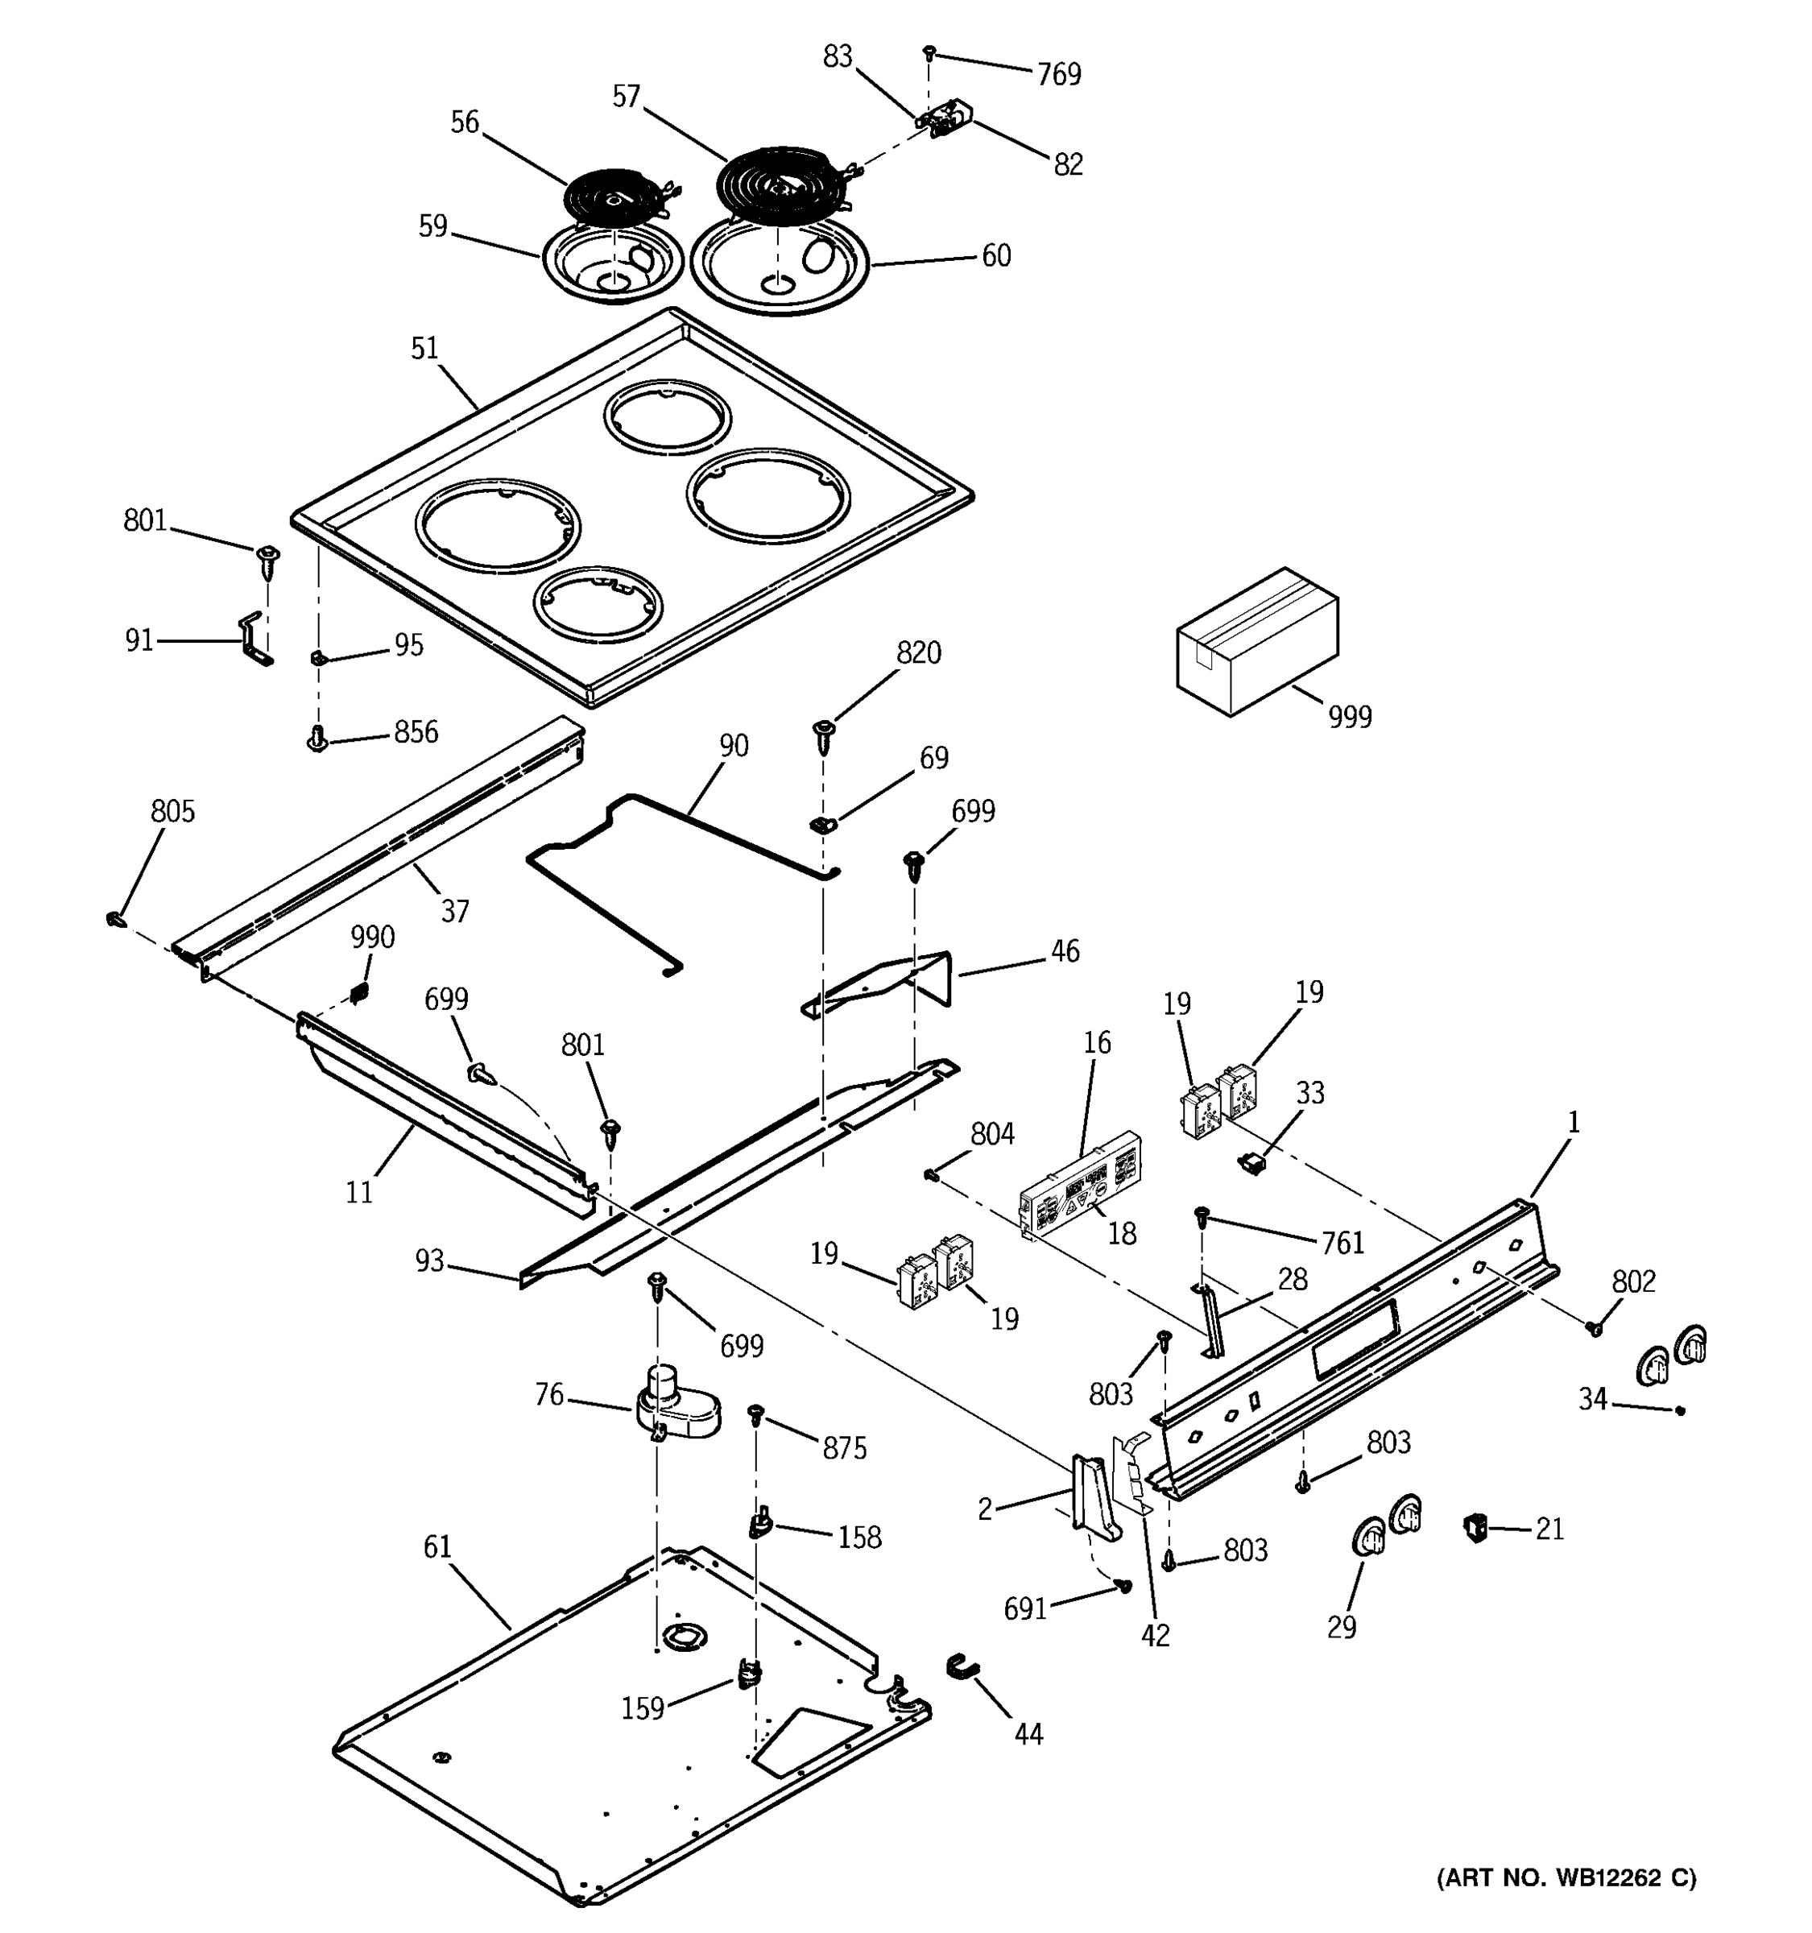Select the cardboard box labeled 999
click(1256, 642)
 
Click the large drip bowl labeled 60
click(780, 264)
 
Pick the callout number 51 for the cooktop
click(424, 348)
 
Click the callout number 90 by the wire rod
click(734, 746)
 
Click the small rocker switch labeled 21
click(1477, 1528)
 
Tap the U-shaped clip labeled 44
click(962, 1667)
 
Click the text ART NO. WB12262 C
click(1566, 1877)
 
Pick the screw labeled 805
click(114, 918)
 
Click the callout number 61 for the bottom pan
click(437, 1547)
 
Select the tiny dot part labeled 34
click(1681, 1411)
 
